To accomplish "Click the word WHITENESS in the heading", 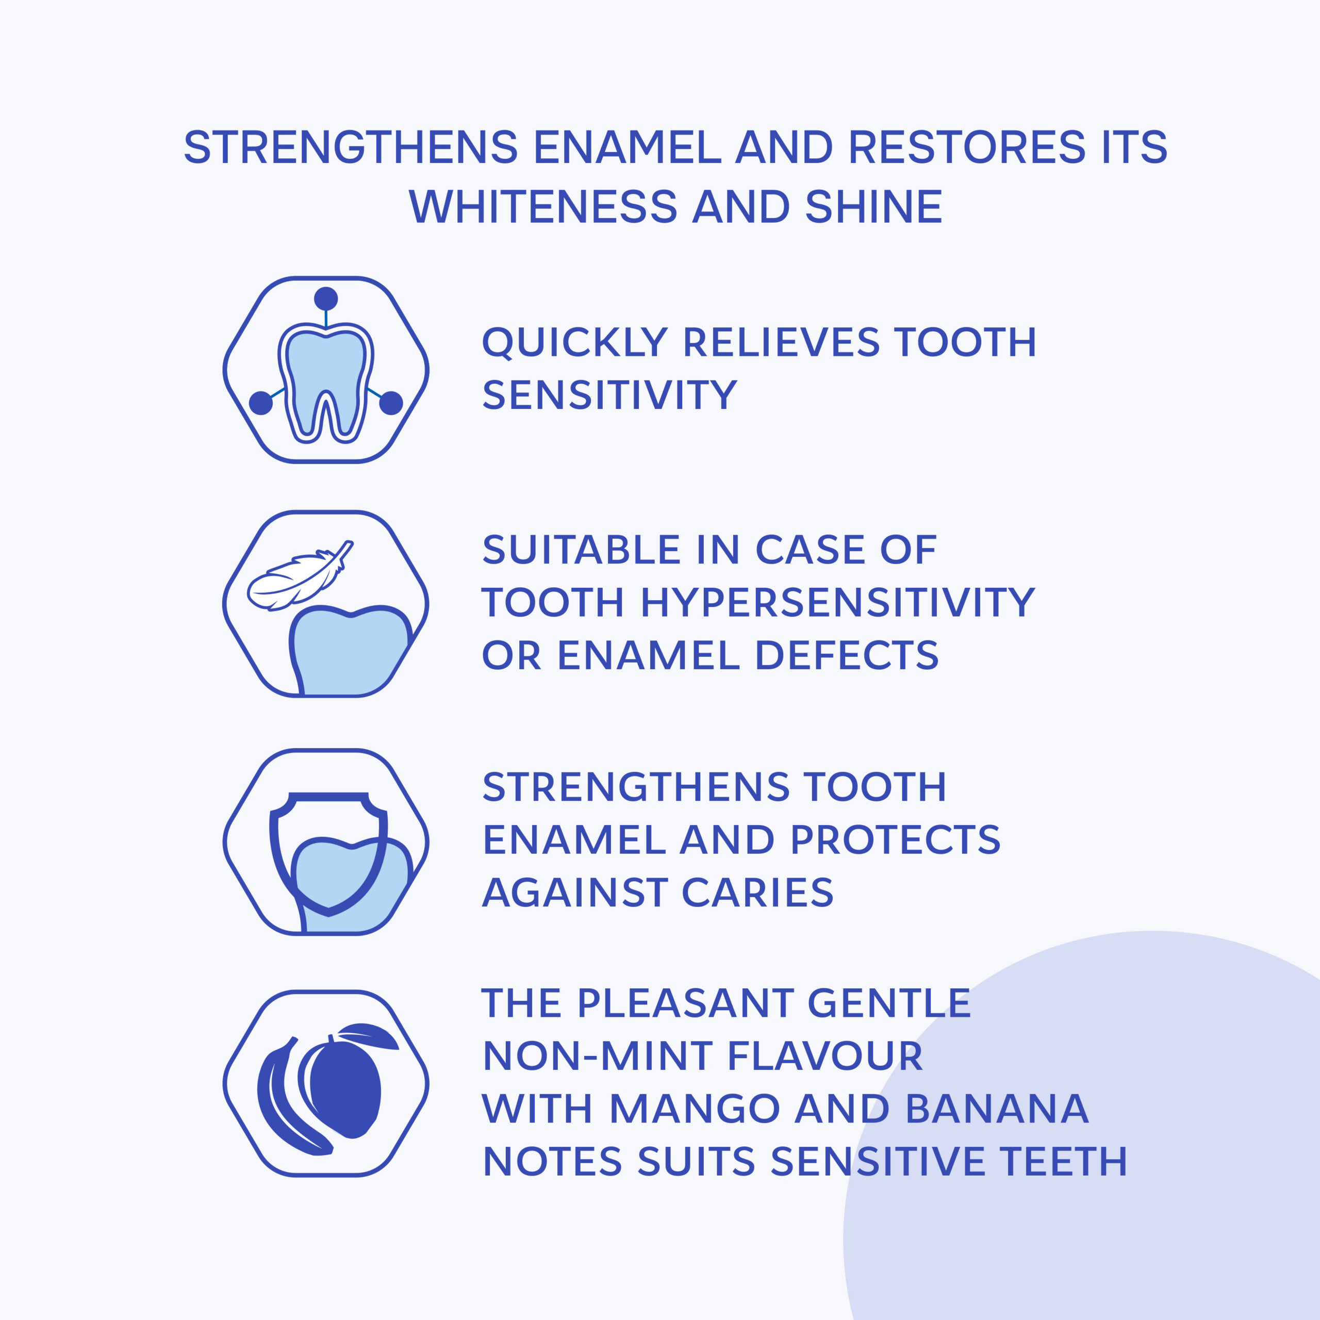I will [x=542, y=207].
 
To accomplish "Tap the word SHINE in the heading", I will [x=874, y=207].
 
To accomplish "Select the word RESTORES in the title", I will [x=967, y=147].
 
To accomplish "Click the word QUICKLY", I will [x=574, y=342].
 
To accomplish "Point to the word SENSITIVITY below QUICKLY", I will [x=609, y=395].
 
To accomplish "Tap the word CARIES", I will [x=757, y=893].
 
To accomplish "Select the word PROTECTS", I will [x=895, y=839].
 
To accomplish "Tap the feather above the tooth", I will [x=297, y=579].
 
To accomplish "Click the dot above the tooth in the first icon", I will [x=326, y=299].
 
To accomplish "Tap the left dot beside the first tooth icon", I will [x=261, y=403].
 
